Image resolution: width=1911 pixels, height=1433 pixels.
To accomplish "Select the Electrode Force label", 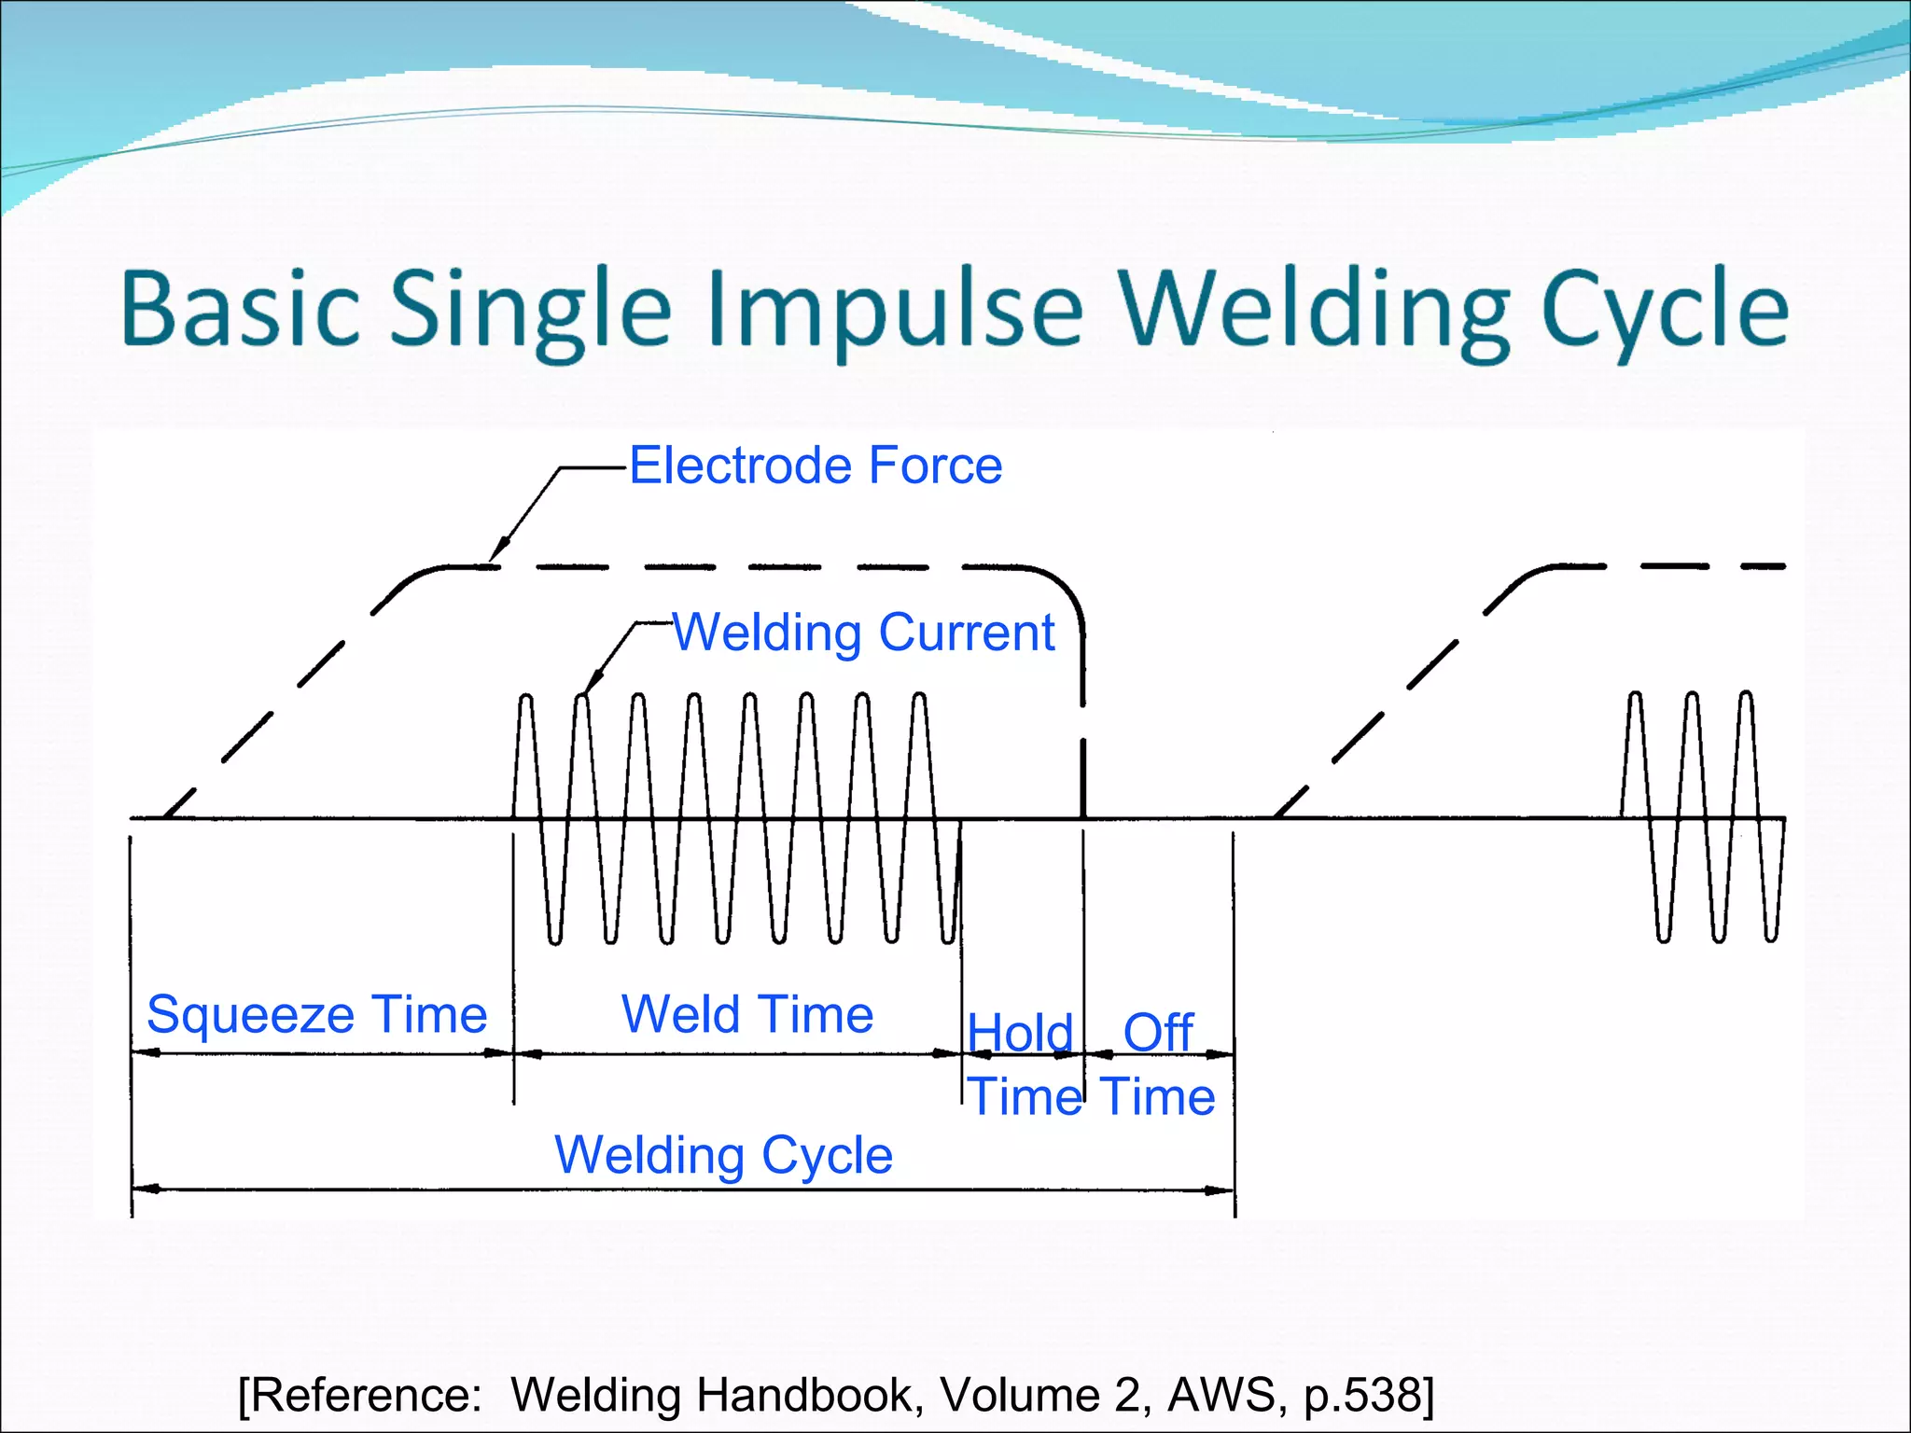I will point(816,465).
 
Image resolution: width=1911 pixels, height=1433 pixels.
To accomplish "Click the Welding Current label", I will point(864,633).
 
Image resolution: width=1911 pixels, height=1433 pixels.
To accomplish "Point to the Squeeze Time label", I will point(316,1014).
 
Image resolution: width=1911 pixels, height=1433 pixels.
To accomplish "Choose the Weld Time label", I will point(747,1014).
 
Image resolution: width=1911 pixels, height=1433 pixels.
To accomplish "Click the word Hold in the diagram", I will point(1020,1033).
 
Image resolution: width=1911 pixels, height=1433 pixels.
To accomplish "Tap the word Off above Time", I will point(1158,1032).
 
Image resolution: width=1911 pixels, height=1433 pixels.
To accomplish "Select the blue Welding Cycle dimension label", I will point(724,1155).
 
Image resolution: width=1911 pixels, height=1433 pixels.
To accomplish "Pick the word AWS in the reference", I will point(1221,1395).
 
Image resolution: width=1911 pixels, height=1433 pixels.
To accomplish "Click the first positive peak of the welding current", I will point(526,698).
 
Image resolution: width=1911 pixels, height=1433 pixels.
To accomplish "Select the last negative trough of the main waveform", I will point(949,938).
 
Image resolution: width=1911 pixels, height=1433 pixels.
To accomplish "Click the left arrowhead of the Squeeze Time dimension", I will point(145,1053).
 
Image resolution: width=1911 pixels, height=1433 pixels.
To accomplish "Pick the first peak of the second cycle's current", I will point(1635,696).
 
